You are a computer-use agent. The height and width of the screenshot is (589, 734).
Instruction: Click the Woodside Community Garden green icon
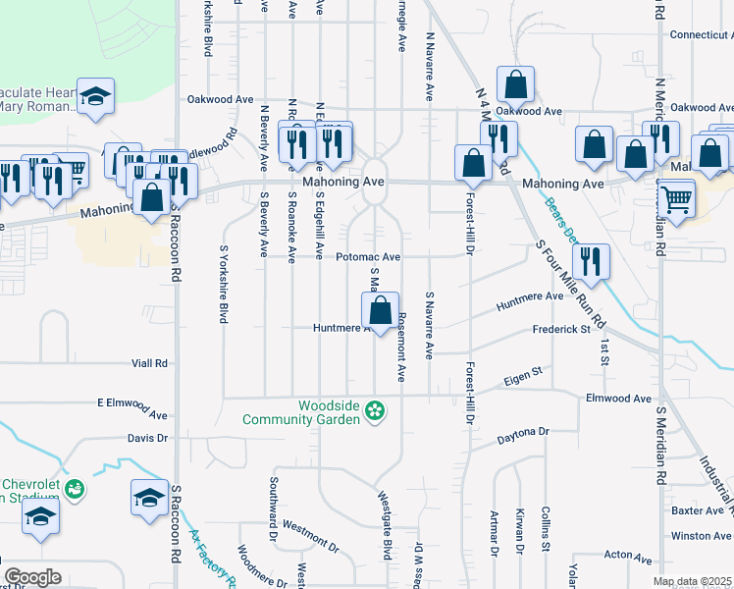coord(373,410)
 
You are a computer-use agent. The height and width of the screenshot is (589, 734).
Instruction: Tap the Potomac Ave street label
coord(368,257)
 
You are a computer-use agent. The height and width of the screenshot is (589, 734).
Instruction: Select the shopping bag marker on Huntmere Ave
coord(380,313)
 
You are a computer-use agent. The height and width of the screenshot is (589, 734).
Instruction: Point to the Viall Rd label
coord(149,363)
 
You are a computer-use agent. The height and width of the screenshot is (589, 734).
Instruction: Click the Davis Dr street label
coord(148,438)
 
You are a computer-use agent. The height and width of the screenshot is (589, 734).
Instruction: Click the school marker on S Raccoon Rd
coord(149,498)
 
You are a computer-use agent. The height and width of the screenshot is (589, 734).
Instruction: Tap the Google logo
coord(31,577)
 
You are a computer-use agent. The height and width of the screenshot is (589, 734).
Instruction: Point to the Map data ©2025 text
coord(693,582)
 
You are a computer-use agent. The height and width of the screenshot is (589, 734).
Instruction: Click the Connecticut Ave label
coord(701,34)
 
